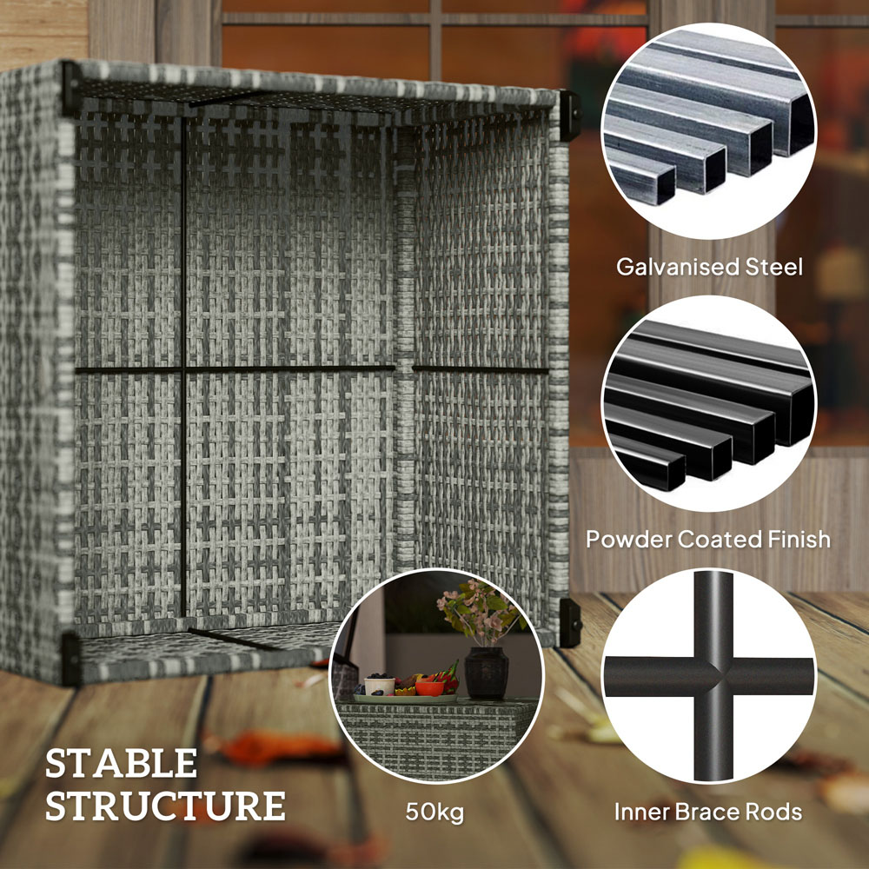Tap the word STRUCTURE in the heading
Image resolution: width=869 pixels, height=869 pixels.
click(165, 806)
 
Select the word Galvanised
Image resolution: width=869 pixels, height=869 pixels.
click(670, 267)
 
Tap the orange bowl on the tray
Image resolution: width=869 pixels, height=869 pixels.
click(429, 687)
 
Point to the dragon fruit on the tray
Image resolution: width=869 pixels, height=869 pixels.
click(448, 676)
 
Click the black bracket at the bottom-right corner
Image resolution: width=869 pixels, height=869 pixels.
click(569, 621)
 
